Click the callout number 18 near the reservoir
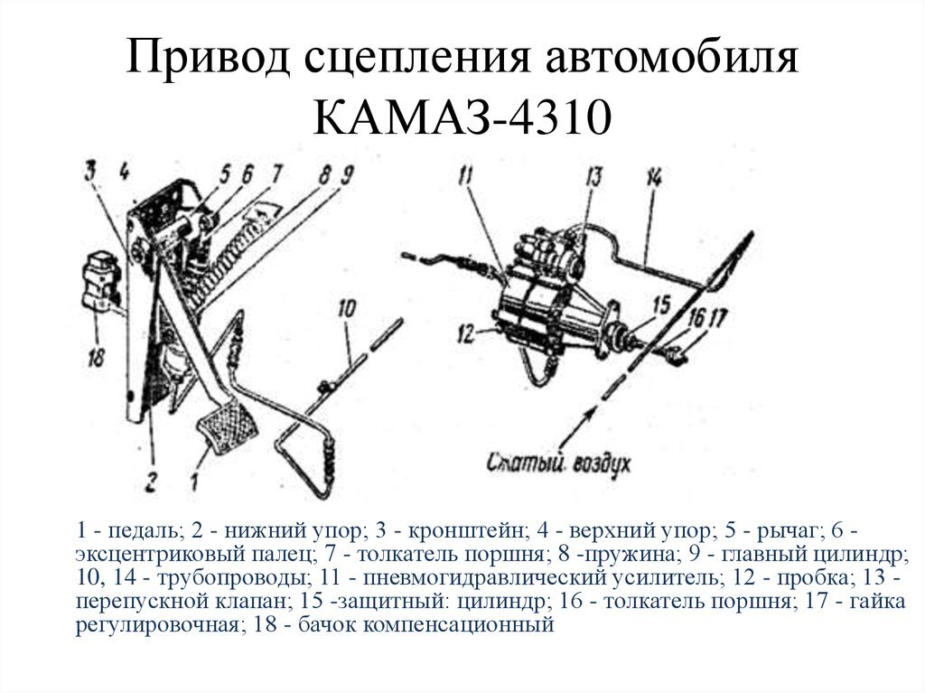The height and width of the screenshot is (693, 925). [x=96, y=358]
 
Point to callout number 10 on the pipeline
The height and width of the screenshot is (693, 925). [x=347, y=310]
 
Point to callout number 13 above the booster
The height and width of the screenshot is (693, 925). [x=592, y=177]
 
